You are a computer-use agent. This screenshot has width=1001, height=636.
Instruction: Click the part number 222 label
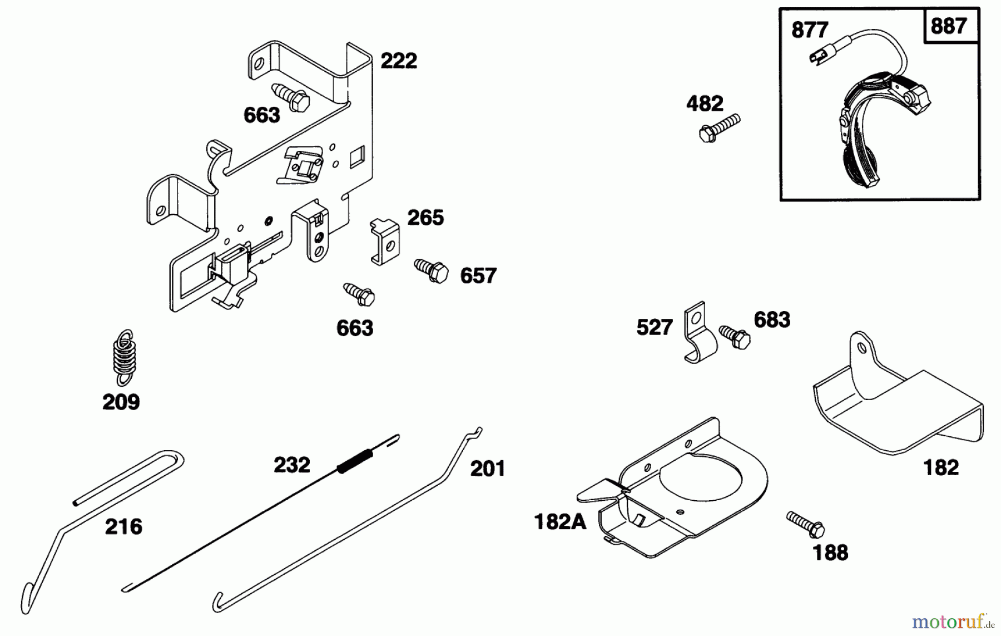click(x=398, y=61)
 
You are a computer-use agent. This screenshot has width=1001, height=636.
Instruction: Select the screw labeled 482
click(x=720, y=127)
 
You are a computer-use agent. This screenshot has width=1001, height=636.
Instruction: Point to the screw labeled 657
click(x=432, y=270)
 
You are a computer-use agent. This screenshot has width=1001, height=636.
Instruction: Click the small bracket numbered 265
click(x=385, y=241)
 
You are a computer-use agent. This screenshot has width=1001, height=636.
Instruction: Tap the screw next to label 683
click(x=735, y=337)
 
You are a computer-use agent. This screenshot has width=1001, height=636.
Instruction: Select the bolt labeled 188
click(x=806, y=524)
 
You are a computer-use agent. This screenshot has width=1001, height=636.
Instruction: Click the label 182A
click(x=559, y=521)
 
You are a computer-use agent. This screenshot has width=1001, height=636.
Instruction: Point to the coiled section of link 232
click(x=355, y=461)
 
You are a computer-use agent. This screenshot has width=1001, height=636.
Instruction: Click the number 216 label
click(x=123, y=526)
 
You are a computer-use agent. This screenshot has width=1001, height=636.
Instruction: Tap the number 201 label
click(x=487, y=469)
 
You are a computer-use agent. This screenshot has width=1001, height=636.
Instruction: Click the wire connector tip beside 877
click(x=817, y=56)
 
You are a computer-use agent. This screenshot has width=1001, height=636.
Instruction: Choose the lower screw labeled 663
click(x=359, y=294)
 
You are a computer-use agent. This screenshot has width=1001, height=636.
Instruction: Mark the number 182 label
click(x=941, y=467)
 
